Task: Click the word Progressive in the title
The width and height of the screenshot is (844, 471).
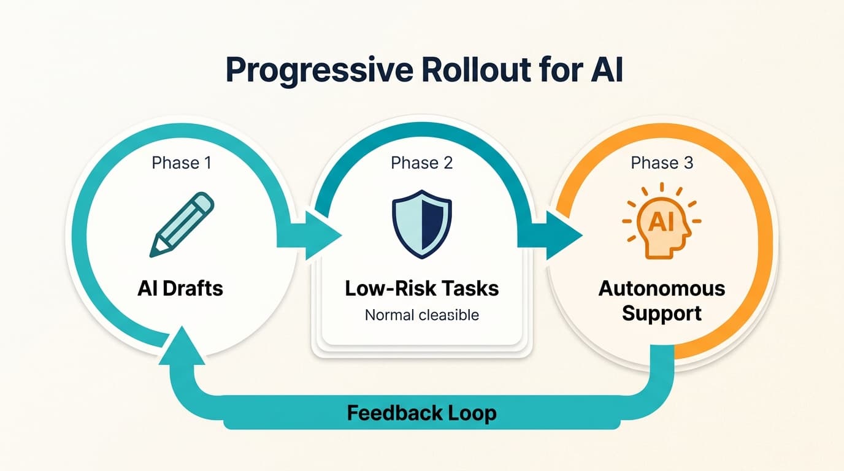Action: coord(318,71)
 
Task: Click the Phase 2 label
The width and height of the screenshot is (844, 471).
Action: coord(421,163)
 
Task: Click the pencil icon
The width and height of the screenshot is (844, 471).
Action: coord(182,224)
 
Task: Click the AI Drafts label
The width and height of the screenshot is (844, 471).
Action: coord(180,288)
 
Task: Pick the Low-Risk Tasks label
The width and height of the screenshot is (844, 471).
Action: coord(421,288)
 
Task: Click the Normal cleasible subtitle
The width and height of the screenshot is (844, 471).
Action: coord(421,315)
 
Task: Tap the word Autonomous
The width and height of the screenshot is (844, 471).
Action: coord(662,288)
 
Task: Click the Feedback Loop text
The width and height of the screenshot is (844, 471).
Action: coord(421,413)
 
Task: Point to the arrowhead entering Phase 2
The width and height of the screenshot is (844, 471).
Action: coord(325,235)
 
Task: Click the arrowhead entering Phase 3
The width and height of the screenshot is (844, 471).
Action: coord(565,235)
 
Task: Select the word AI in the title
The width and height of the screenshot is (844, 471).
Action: coord(602,71)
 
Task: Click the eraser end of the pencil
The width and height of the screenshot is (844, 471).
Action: coord(204,202)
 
